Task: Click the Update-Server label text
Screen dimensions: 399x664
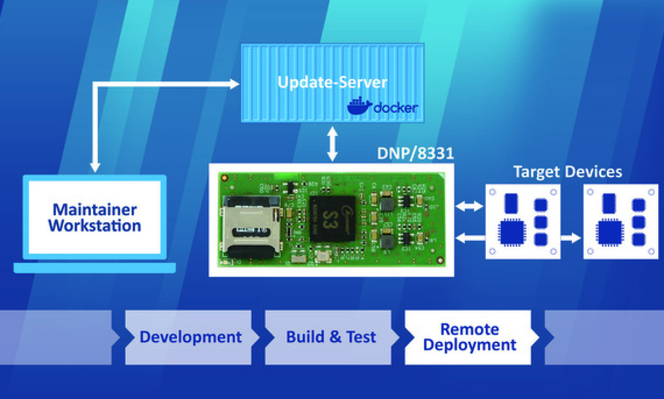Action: point(333,83)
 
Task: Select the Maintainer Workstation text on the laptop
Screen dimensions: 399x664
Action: point(95,218)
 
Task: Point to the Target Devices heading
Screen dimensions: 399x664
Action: point(568,172)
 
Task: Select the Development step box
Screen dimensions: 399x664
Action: point(190,337)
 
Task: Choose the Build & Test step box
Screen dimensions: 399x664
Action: point(331,337)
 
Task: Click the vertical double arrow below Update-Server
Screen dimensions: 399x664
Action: point(332,144)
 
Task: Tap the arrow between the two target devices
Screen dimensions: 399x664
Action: point(571,239)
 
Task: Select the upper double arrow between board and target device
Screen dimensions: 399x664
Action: point(469,207)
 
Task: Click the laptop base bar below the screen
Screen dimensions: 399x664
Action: point(95,268)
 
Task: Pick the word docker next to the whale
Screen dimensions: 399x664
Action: point(395,108)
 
